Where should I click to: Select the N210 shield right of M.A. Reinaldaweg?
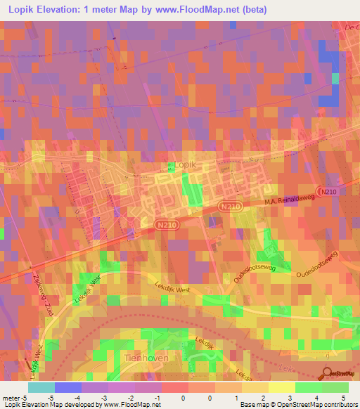pos(326,191)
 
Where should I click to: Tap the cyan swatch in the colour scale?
pos(41,387)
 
